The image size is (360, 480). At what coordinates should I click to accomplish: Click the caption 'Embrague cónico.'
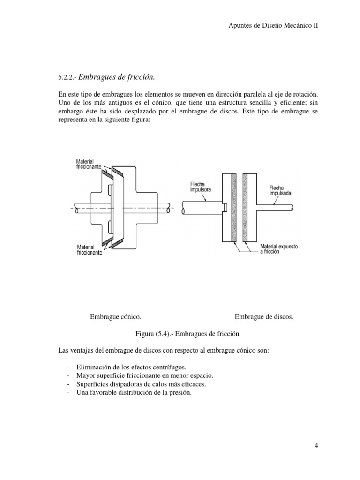pyautogui.click(x=116, y=317)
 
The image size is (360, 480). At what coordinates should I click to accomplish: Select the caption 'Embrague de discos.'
pyautogui.click(x=264, y=317)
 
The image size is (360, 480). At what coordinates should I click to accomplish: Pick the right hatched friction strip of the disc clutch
pyautogui.click(x=245, y=208)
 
